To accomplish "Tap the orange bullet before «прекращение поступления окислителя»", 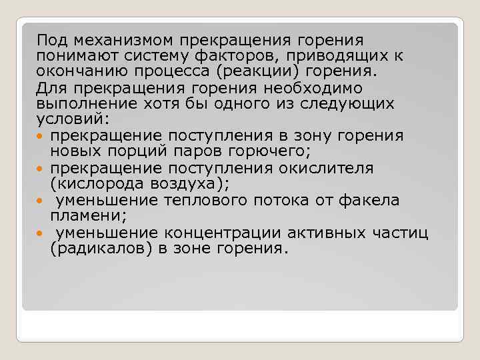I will click(41, 168).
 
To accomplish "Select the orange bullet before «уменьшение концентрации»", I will click(41, 232).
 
